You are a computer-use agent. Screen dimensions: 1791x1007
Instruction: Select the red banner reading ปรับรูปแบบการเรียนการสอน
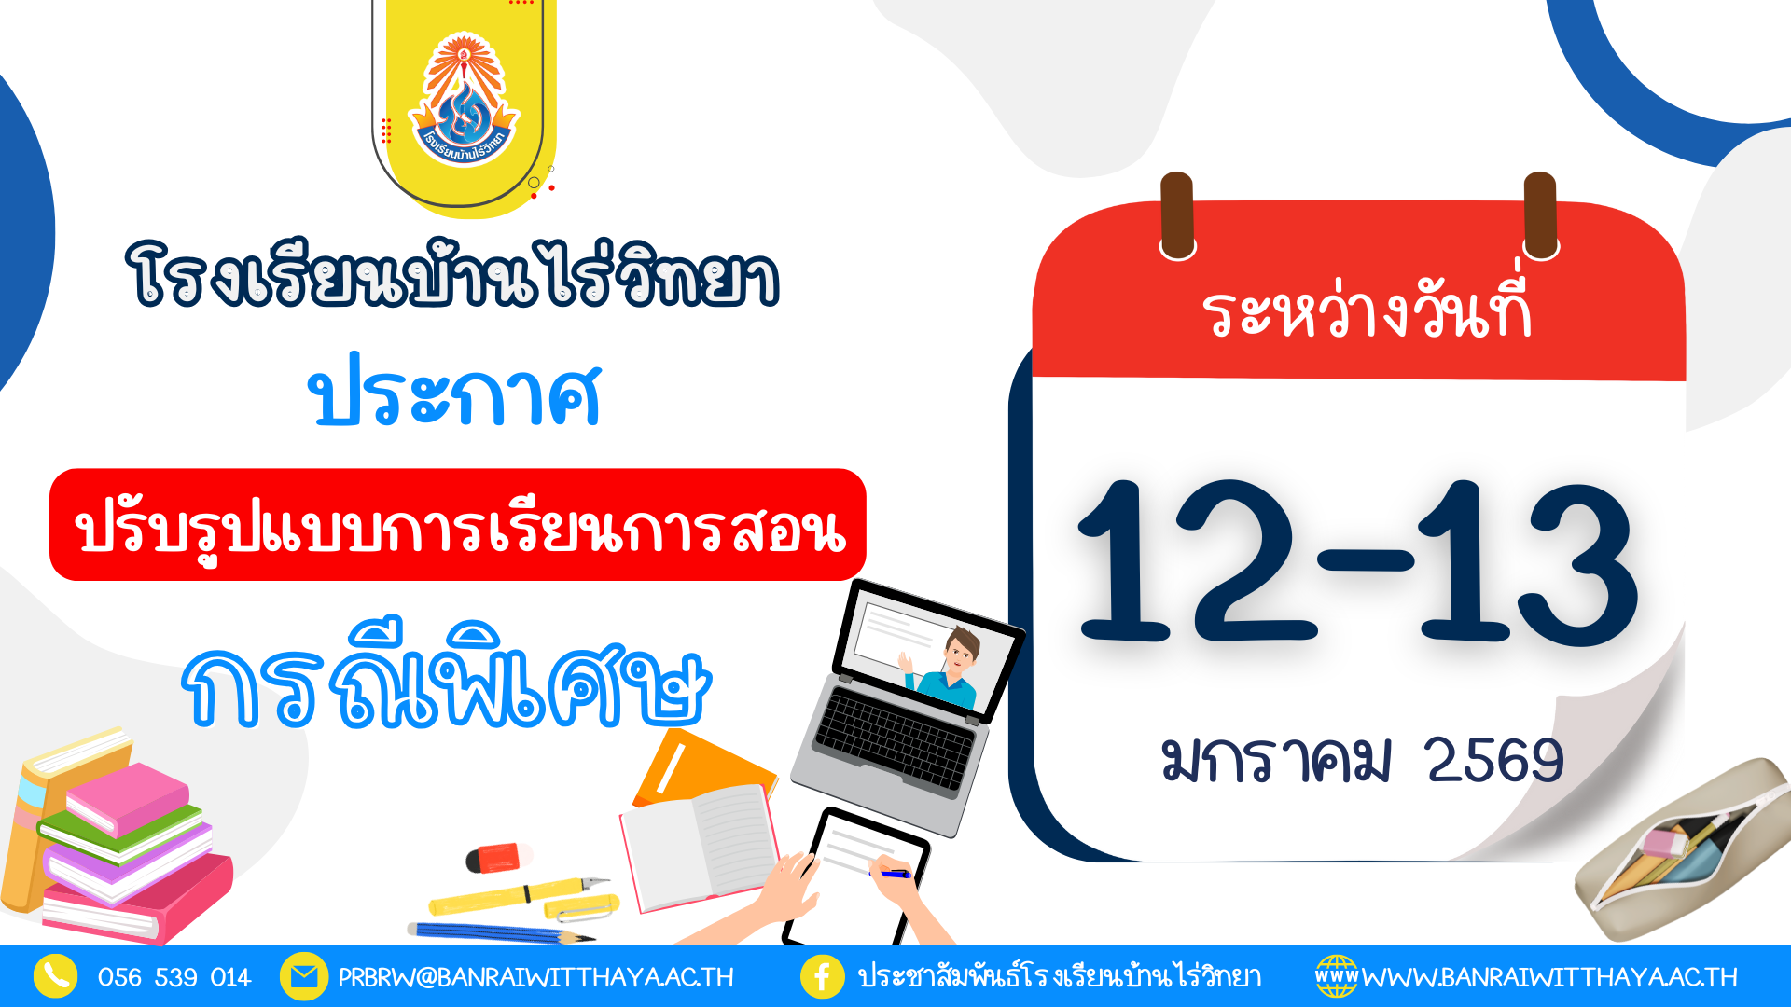458,525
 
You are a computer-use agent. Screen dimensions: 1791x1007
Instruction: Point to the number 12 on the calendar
1197,561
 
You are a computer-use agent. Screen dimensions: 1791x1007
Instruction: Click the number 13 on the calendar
1527,563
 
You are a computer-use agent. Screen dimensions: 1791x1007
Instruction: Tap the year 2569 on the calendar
1494,760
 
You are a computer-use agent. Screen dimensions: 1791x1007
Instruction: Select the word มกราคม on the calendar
1276,759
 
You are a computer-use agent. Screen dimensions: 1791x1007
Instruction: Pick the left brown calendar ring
1177,215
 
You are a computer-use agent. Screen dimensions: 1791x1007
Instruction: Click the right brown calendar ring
1540,215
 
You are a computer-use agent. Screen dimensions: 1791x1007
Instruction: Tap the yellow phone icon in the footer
56,976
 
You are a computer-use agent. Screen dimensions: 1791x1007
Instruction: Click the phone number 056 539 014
174,977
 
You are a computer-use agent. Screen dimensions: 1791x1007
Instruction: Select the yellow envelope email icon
303,976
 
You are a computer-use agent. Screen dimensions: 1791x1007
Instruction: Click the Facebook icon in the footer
823,976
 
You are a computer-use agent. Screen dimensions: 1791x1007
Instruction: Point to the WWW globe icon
1337,976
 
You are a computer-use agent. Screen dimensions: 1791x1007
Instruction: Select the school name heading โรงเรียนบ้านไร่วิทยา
452,275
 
